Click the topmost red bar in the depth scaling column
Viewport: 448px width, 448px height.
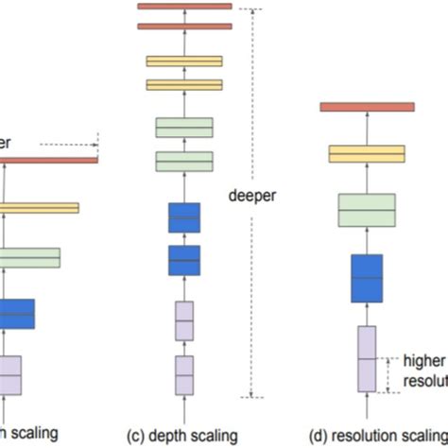tap(184, 7)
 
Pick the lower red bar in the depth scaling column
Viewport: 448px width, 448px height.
tap(184, 26)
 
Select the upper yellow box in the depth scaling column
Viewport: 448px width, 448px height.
tap(184, 61)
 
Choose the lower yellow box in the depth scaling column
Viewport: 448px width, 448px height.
tap(184, 84)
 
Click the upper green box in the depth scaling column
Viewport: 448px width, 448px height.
tap(184, 128)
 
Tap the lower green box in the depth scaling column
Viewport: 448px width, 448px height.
tap(184, 161)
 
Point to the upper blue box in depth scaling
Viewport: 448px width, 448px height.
tap(184, 217)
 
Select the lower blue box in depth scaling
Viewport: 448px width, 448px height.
tap(184, 259)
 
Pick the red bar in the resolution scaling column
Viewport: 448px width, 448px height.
tap(367, 107)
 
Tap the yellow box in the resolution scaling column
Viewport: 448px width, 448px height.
tap(367, 153)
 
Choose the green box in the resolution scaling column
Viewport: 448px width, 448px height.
tap(367, 210)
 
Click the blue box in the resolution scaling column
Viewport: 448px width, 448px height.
tap(367, 278)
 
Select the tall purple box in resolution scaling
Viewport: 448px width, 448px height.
tap(367, 358)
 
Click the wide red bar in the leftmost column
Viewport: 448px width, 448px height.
tap(47, 160)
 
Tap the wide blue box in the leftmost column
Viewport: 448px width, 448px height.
tap(16, 313)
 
